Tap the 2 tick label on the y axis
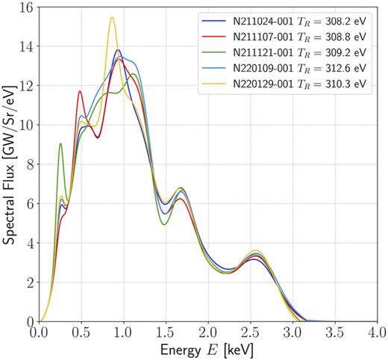30,282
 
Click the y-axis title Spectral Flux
10,164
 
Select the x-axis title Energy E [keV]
208,350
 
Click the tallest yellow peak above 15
112,17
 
